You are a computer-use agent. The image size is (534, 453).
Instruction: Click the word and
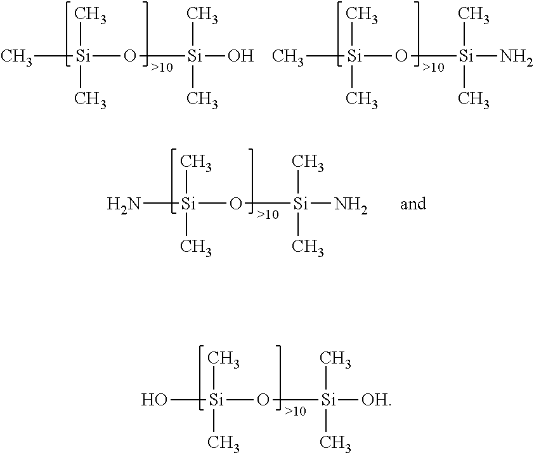(x=413, y=204)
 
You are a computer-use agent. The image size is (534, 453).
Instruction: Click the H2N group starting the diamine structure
(x=124, y=205)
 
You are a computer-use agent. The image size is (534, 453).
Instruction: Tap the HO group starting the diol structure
(x=154, y=400)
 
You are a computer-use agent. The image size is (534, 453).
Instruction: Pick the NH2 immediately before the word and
(x=351, y=205)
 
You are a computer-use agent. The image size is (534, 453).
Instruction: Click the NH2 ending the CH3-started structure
(x=516, y=56)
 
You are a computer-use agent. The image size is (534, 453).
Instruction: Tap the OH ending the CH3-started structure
(x=241, y=56)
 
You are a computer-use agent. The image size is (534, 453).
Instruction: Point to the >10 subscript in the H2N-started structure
(x=268, y=214)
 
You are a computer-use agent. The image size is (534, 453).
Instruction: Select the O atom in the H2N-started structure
(x=236, y=204)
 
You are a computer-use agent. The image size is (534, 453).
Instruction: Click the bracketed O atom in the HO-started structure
(x=263, y=400)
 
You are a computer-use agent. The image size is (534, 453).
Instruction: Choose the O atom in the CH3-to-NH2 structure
(x=401, y=56)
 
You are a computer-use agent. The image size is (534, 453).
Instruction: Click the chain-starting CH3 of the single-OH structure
(x=16, y=56)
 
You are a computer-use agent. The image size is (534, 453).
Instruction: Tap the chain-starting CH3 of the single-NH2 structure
(x=288, y=56)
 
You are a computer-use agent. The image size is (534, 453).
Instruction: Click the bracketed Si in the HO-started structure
(x=216, y=400)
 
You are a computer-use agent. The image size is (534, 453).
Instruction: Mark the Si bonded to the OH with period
(x=329, y=400)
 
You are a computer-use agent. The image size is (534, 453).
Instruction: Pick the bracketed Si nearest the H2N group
(x=188, y=204)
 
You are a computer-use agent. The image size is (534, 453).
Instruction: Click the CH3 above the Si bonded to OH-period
(x=335, y=359)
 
